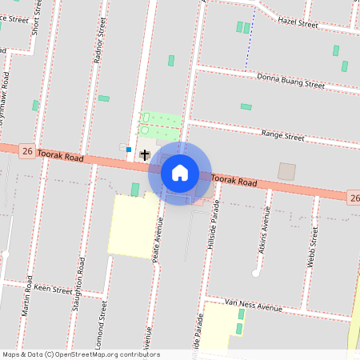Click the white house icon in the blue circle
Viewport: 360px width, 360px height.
(x=180, y=173)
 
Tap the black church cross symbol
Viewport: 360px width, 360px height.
(x=145, y=154)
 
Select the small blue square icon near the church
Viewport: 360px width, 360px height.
(x=128, y=149)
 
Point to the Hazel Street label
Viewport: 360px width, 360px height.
(x=298, y=23)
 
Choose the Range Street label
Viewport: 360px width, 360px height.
(x=283, y=136)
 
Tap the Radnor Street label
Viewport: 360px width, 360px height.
(x=99, y=41)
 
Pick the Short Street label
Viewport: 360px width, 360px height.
(x=35, y=17)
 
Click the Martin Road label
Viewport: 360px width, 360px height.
(x=29, y=295)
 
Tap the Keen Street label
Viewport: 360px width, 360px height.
(x=51, y=289)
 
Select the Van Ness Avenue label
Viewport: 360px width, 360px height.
(x=254, y=306)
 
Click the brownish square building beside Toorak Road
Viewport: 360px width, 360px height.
(x=286, y=171)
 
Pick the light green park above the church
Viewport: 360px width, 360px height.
(x=161, y=124)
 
